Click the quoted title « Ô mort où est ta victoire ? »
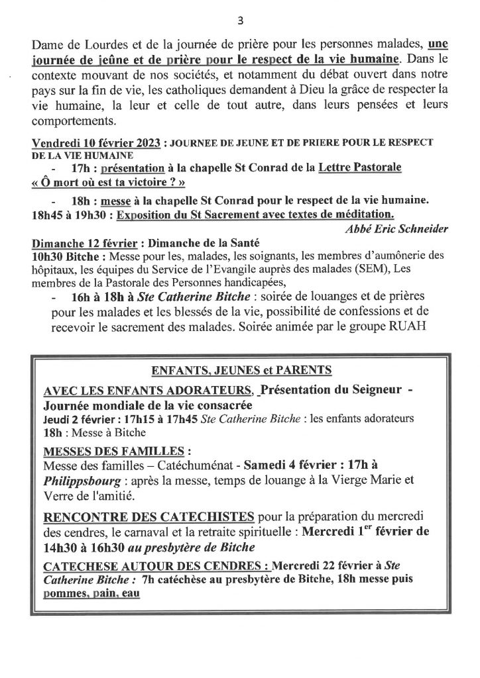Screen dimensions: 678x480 (111, 183)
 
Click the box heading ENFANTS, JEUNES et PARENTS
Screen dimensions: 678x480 (241, 369)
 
